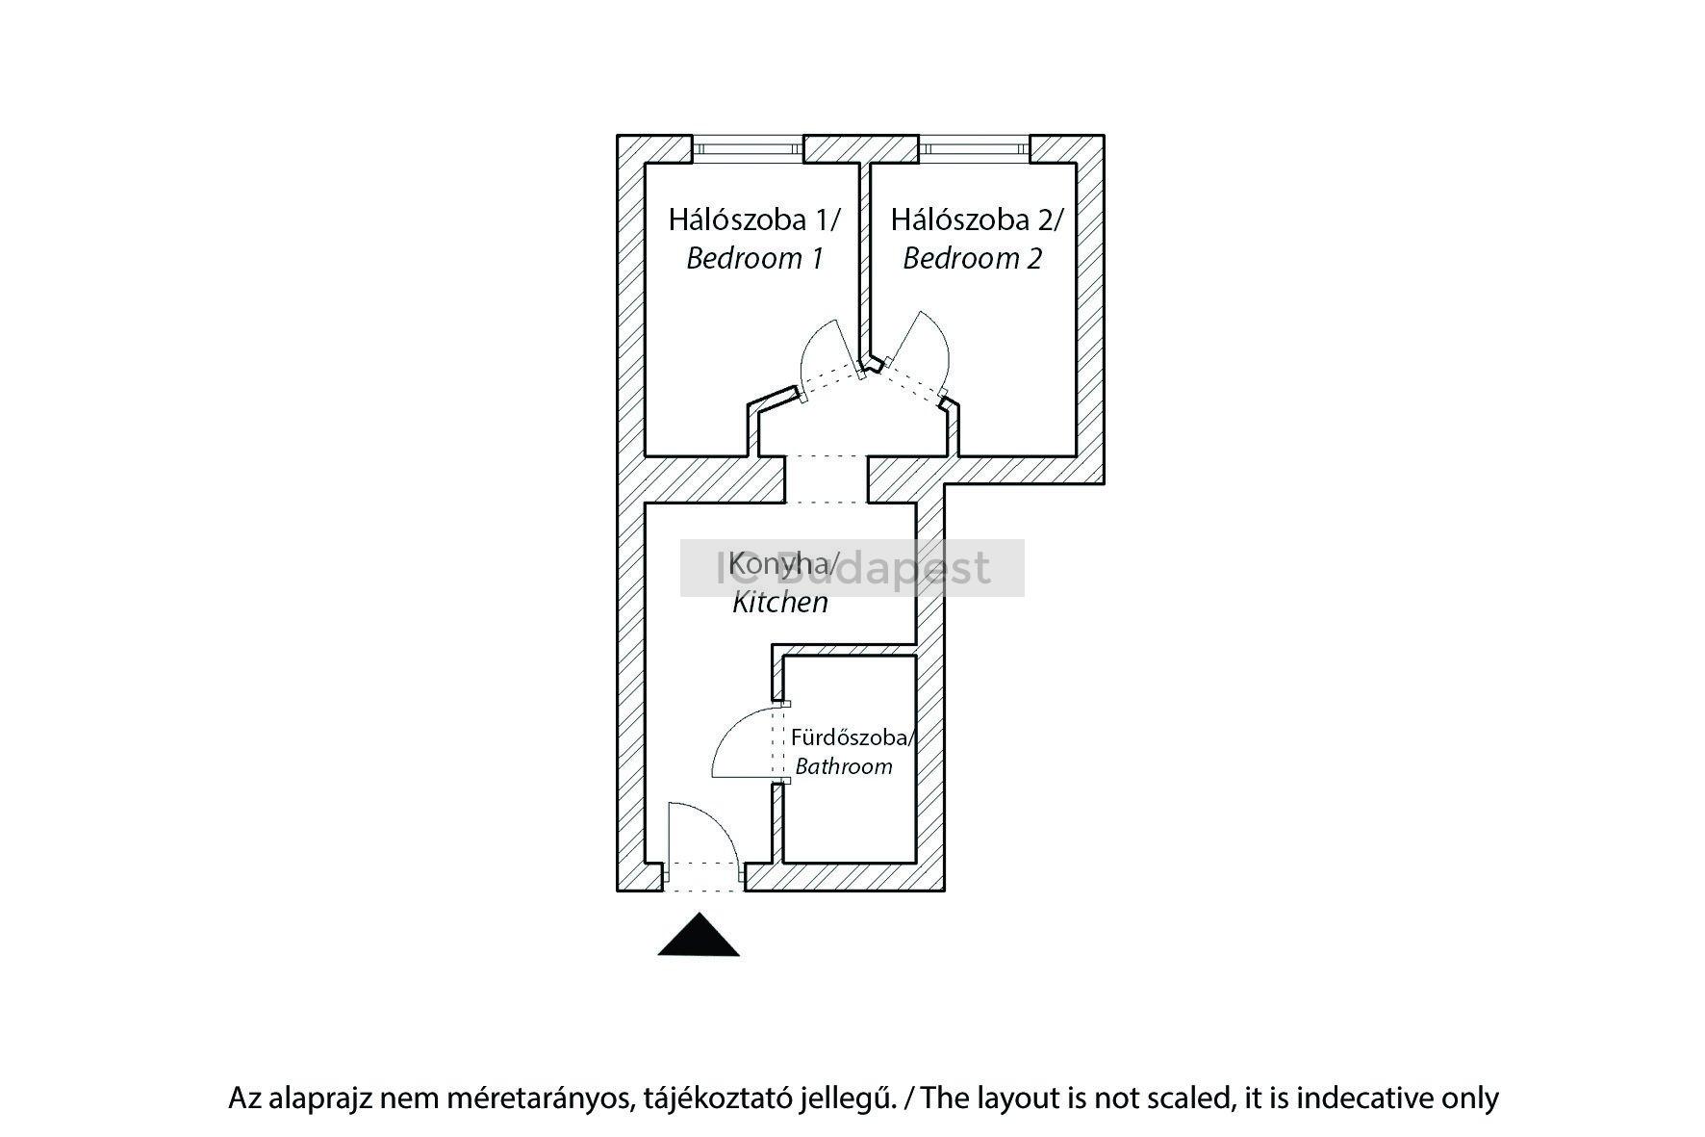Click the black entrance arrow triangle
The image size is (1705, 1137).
coord(699,937)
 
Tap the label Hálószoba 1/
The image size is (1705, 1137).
coord(754,220)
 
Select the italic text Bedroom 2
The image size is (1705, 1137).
coord(972,259)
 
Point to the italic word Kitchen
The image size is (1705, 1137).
coord(780,603)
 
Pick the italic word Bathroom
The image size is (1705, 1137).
coord(844,767)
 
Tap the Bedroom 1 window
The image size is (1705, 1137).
coord(748,149)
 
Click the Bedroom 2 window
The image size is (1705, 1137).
coord(974,149)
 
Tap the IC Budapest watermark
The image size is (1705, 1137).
coord(852,568)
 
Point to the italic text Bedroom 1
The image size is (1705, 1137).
coord(755,259)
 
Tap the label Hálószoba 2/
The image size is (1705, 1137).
coord(977,220)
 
